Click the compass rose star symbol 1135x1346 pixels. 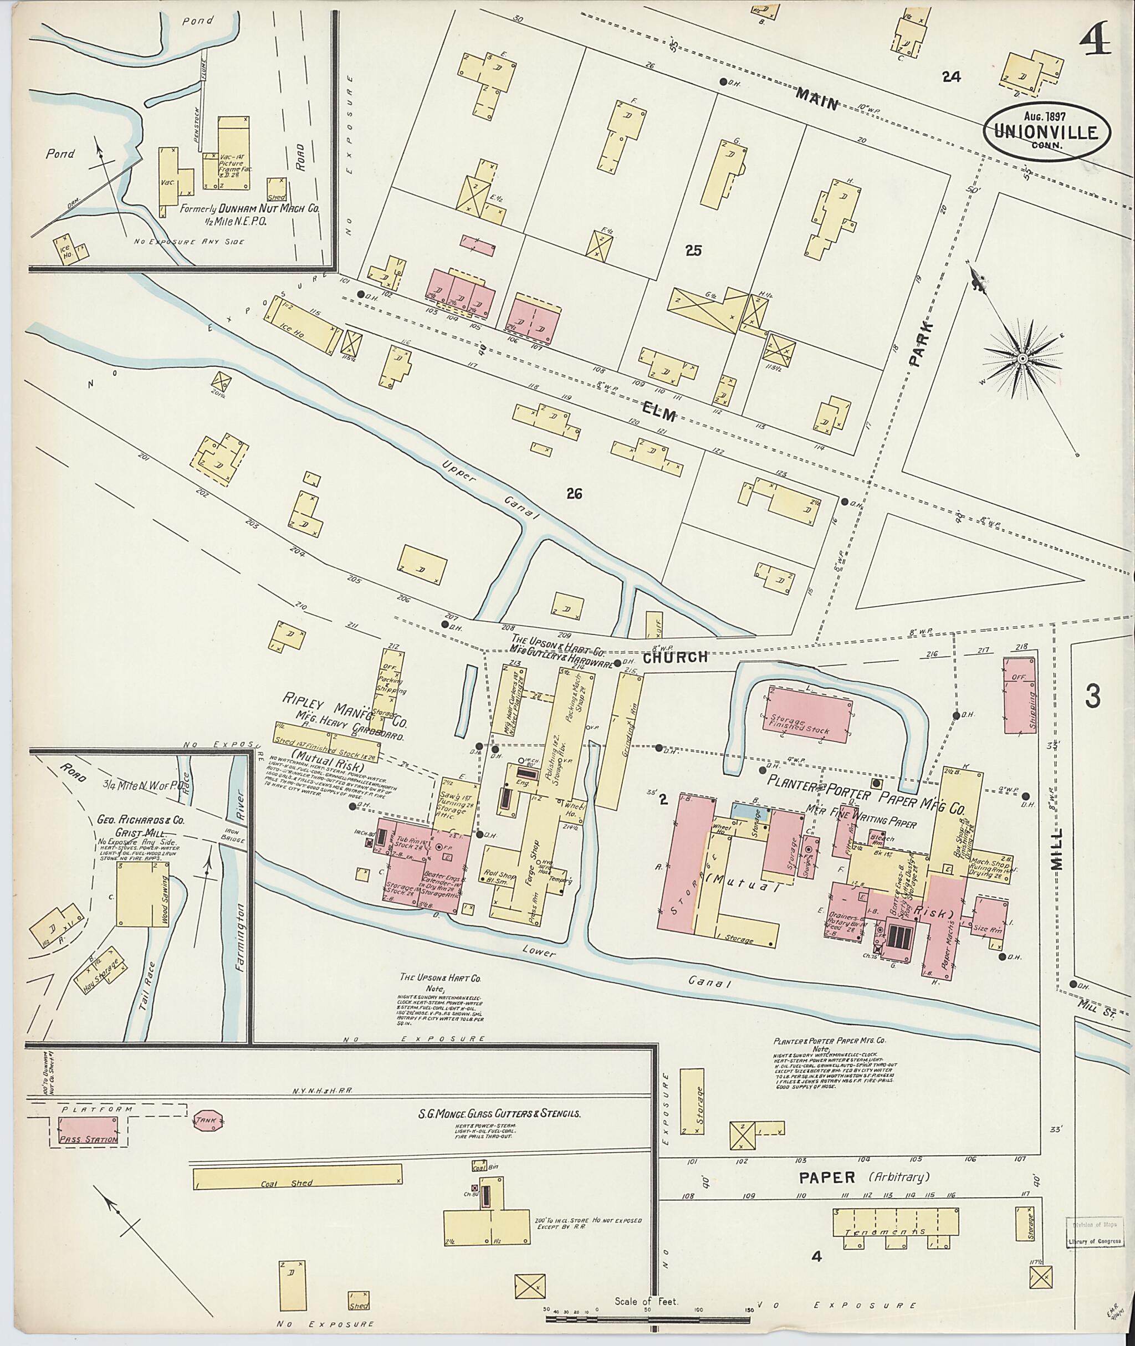click(1022, 358)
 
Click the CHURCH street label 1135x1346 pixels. click(675, 658)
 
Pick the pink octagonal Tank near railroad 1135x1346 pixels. click(207, 1120)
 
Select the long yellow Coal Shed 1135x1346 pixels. click(296, 1178)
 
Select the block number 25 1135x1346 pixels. click(692, 252)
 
